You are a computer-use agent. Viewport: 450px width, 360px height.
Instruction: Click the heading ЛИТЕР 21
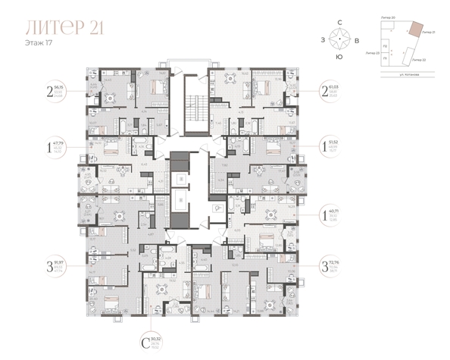click(x=64, y=29)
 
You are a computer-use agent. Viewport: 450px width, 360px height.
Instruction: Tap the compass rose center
click(x=342, y=39)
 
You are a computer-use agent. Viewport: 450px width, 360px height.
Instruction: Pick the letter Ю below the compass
click(x=342, y=56)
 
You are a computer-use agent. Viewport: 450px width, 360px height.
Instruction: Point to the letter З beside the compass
click(x=324, y=39)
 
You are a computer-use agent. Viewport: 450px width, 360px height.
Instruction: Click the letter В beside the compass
click(x=360, y=39)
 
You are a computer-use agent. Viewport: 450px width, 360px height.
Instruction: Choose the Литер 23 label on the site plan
click(x=371, y=55)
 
